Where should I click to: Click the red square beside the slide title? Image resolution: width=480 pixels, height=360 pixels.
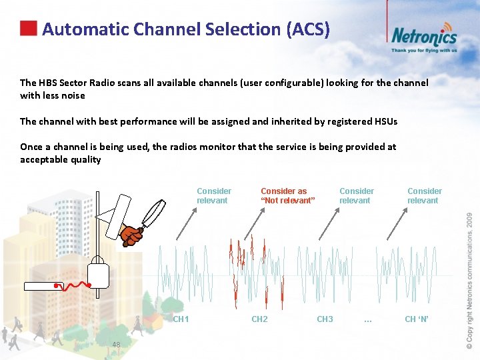pyautogui.click(x=28, y=28)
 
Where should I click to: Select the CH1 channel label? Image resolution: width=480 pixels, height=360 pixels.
pyautogui.click(x=181, y=319)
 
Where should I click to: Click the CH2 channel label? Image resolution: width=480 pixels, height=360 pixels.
pyautogui.click(x=259, y=319)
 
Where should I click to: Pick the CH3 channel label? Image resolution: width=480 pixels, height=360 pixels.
pyautogui.click(x=325, y=319)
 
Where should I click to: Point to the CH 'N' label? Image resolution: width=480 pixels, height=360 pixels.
pyautogui.click(x=418, y=319)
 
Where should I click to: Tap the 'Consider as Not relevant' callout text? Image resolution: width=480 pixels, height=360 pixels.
pyautogui.click(x=287, y=196)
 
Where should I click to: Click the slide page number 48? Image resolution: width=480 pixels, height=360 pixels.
pyautogui.click(x=116, y=345)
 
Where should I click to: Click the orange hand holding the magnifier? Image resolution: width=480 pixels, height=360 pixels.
pyautogui.click(x=131, y=235)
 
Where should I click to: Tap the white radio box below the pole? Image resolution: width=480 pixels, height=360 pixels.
pyautogui.click(x=98, y=273)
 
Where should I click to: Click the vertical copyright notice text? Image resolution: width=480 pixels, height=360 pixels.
pyautogui.click(x=469, y=280)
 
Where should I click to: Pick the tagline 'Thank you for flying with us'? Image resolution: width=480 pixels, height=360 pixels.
pyautogui.click(x=424, y=50)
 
